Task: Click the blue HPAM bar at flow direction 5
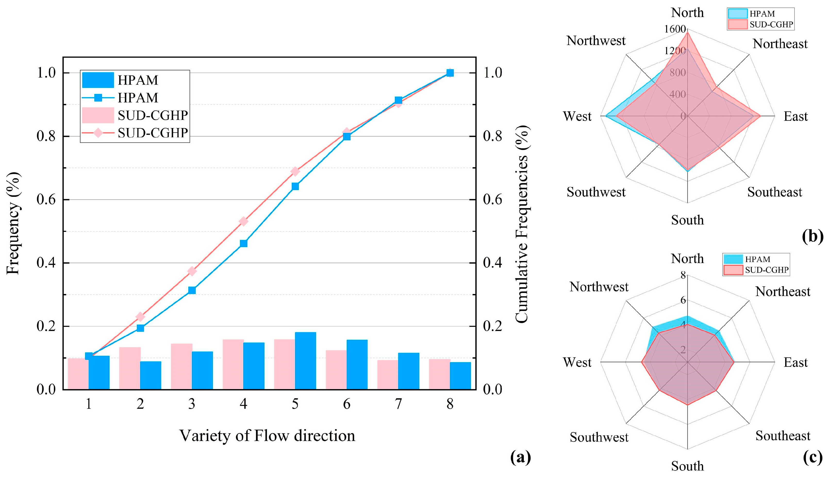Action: click(305, 361)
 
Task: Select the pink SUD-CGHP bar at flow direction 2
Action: click(130, 368)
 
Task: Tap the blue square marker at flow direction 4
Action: click(243, 243)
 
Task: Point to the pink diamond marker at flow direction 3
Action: click(192, 271)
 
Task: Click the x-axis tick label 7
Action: click(398, 404)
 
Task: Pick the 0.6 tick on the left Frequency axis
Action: click(46, 200)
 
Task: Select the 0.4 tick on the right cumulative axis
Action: click(492, 263)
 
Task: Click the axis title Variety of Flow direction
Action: click(267, 436)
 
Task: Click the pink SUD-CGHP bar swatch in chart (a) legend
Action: click(98, 115)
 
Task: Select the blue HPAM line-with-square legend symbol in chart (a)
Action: click(98, 98)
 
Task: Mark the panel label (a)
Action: click(520, 457)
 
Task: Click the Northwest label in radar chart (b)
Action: click(596, 41)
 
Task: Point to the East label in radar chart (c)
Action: click(795, 362)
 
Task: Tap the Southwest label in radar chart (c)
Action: click(599, 437)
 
